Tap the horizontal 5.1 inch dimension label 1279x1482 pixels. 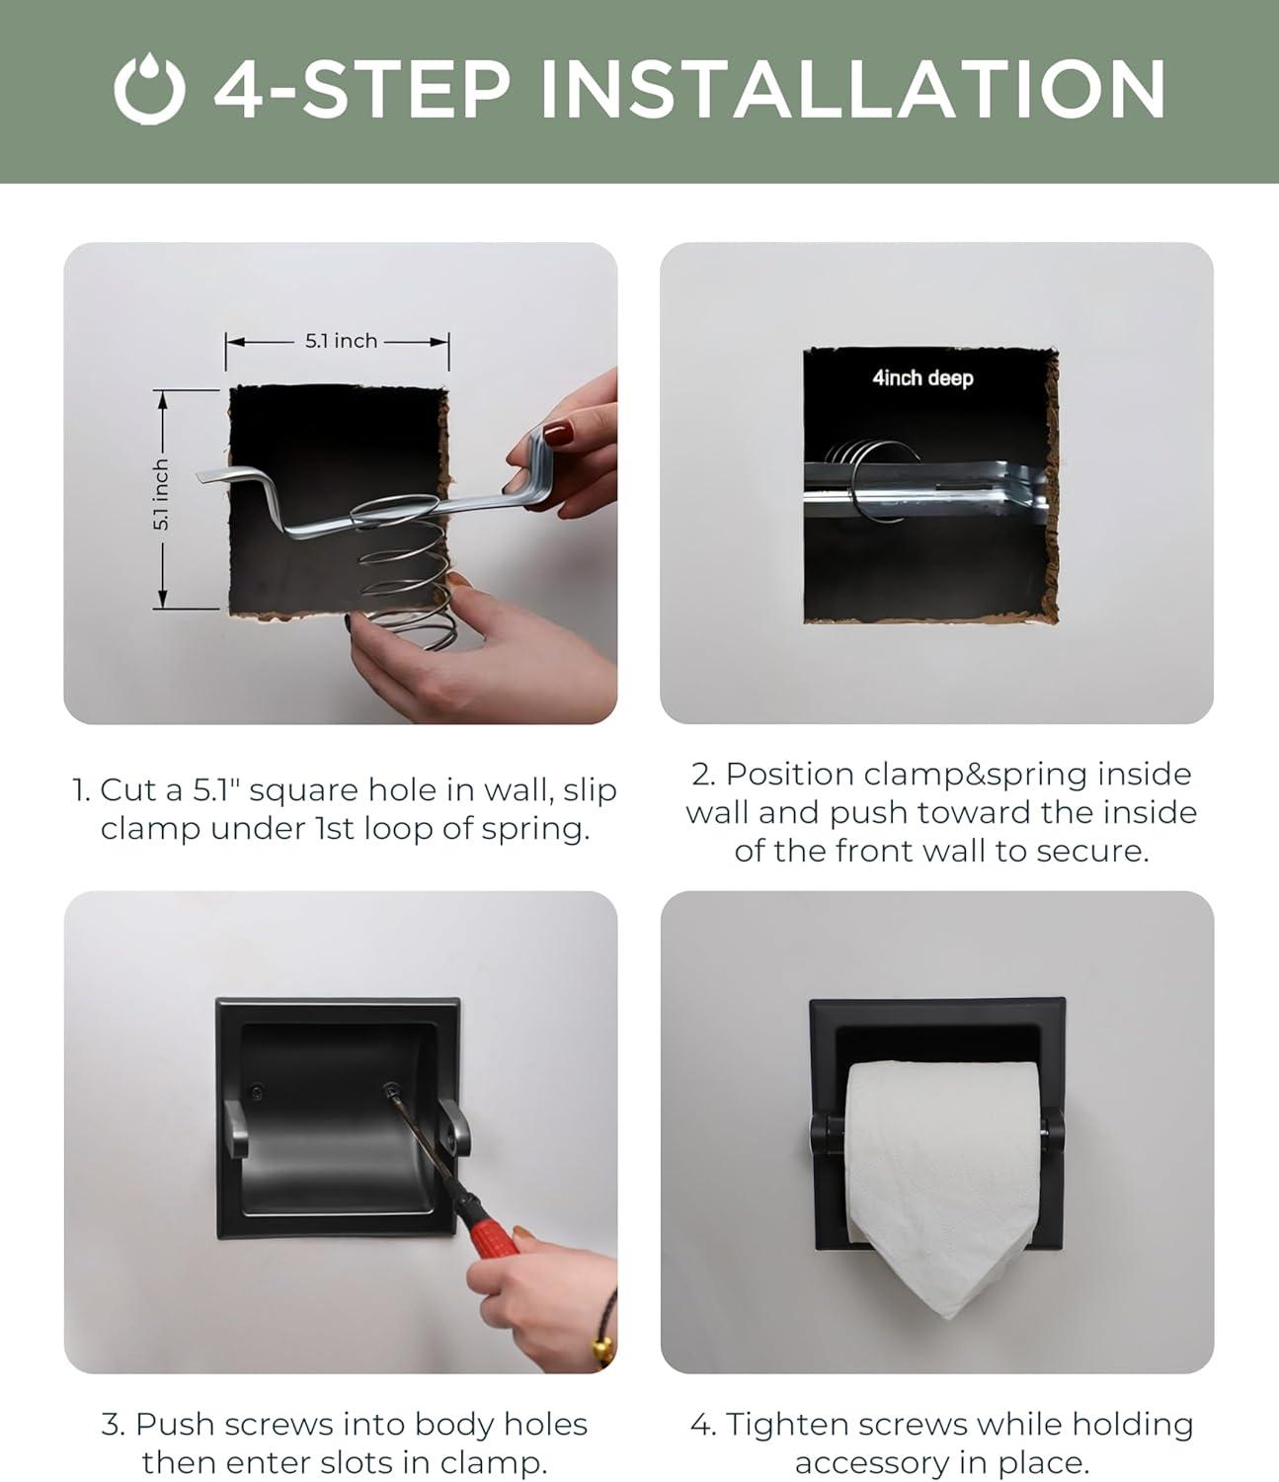point(342,341)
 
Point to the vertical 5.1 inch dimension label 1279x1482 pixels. point(161,495)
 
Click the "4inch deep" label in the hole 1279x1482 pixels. point(922,377)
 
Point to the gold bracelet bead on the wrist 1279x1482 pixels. point(603,1352)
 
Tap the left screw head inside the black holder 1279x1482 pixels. point(256,1094)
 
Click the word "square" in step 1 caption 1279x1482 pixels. point(303,790)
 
